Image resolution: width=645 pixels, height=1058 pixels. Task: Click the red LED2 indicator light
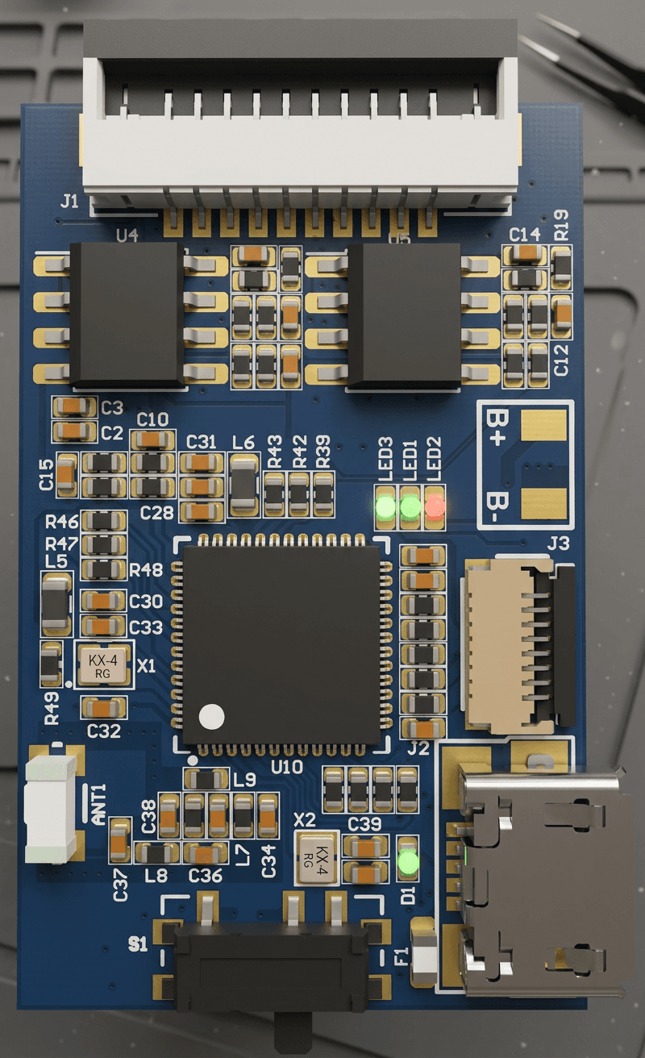[x=435, y=506]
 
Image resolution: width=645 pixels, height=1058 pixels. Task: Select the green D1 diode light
[x=409, y=864]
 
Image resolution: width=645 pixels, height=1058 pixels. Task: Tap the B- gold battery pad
[x=543, y=505]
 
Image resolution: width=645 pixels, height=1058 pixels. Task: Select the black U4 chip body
[x=127, y=313]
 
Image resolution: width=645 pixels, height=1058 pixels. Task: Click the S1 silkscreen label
[x=138, y=943]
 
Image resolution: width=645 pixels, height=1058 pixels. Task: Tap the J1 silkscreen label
[x=69, y=201]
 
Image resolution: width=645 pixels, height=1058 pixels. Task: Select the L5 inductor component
[x=56, y=603]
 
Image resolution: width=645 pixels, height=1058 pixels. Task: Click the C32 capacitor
[x=104, y=709]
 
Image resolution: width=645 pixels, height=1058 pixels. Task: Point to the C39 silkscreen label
[x=364, y=823]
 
